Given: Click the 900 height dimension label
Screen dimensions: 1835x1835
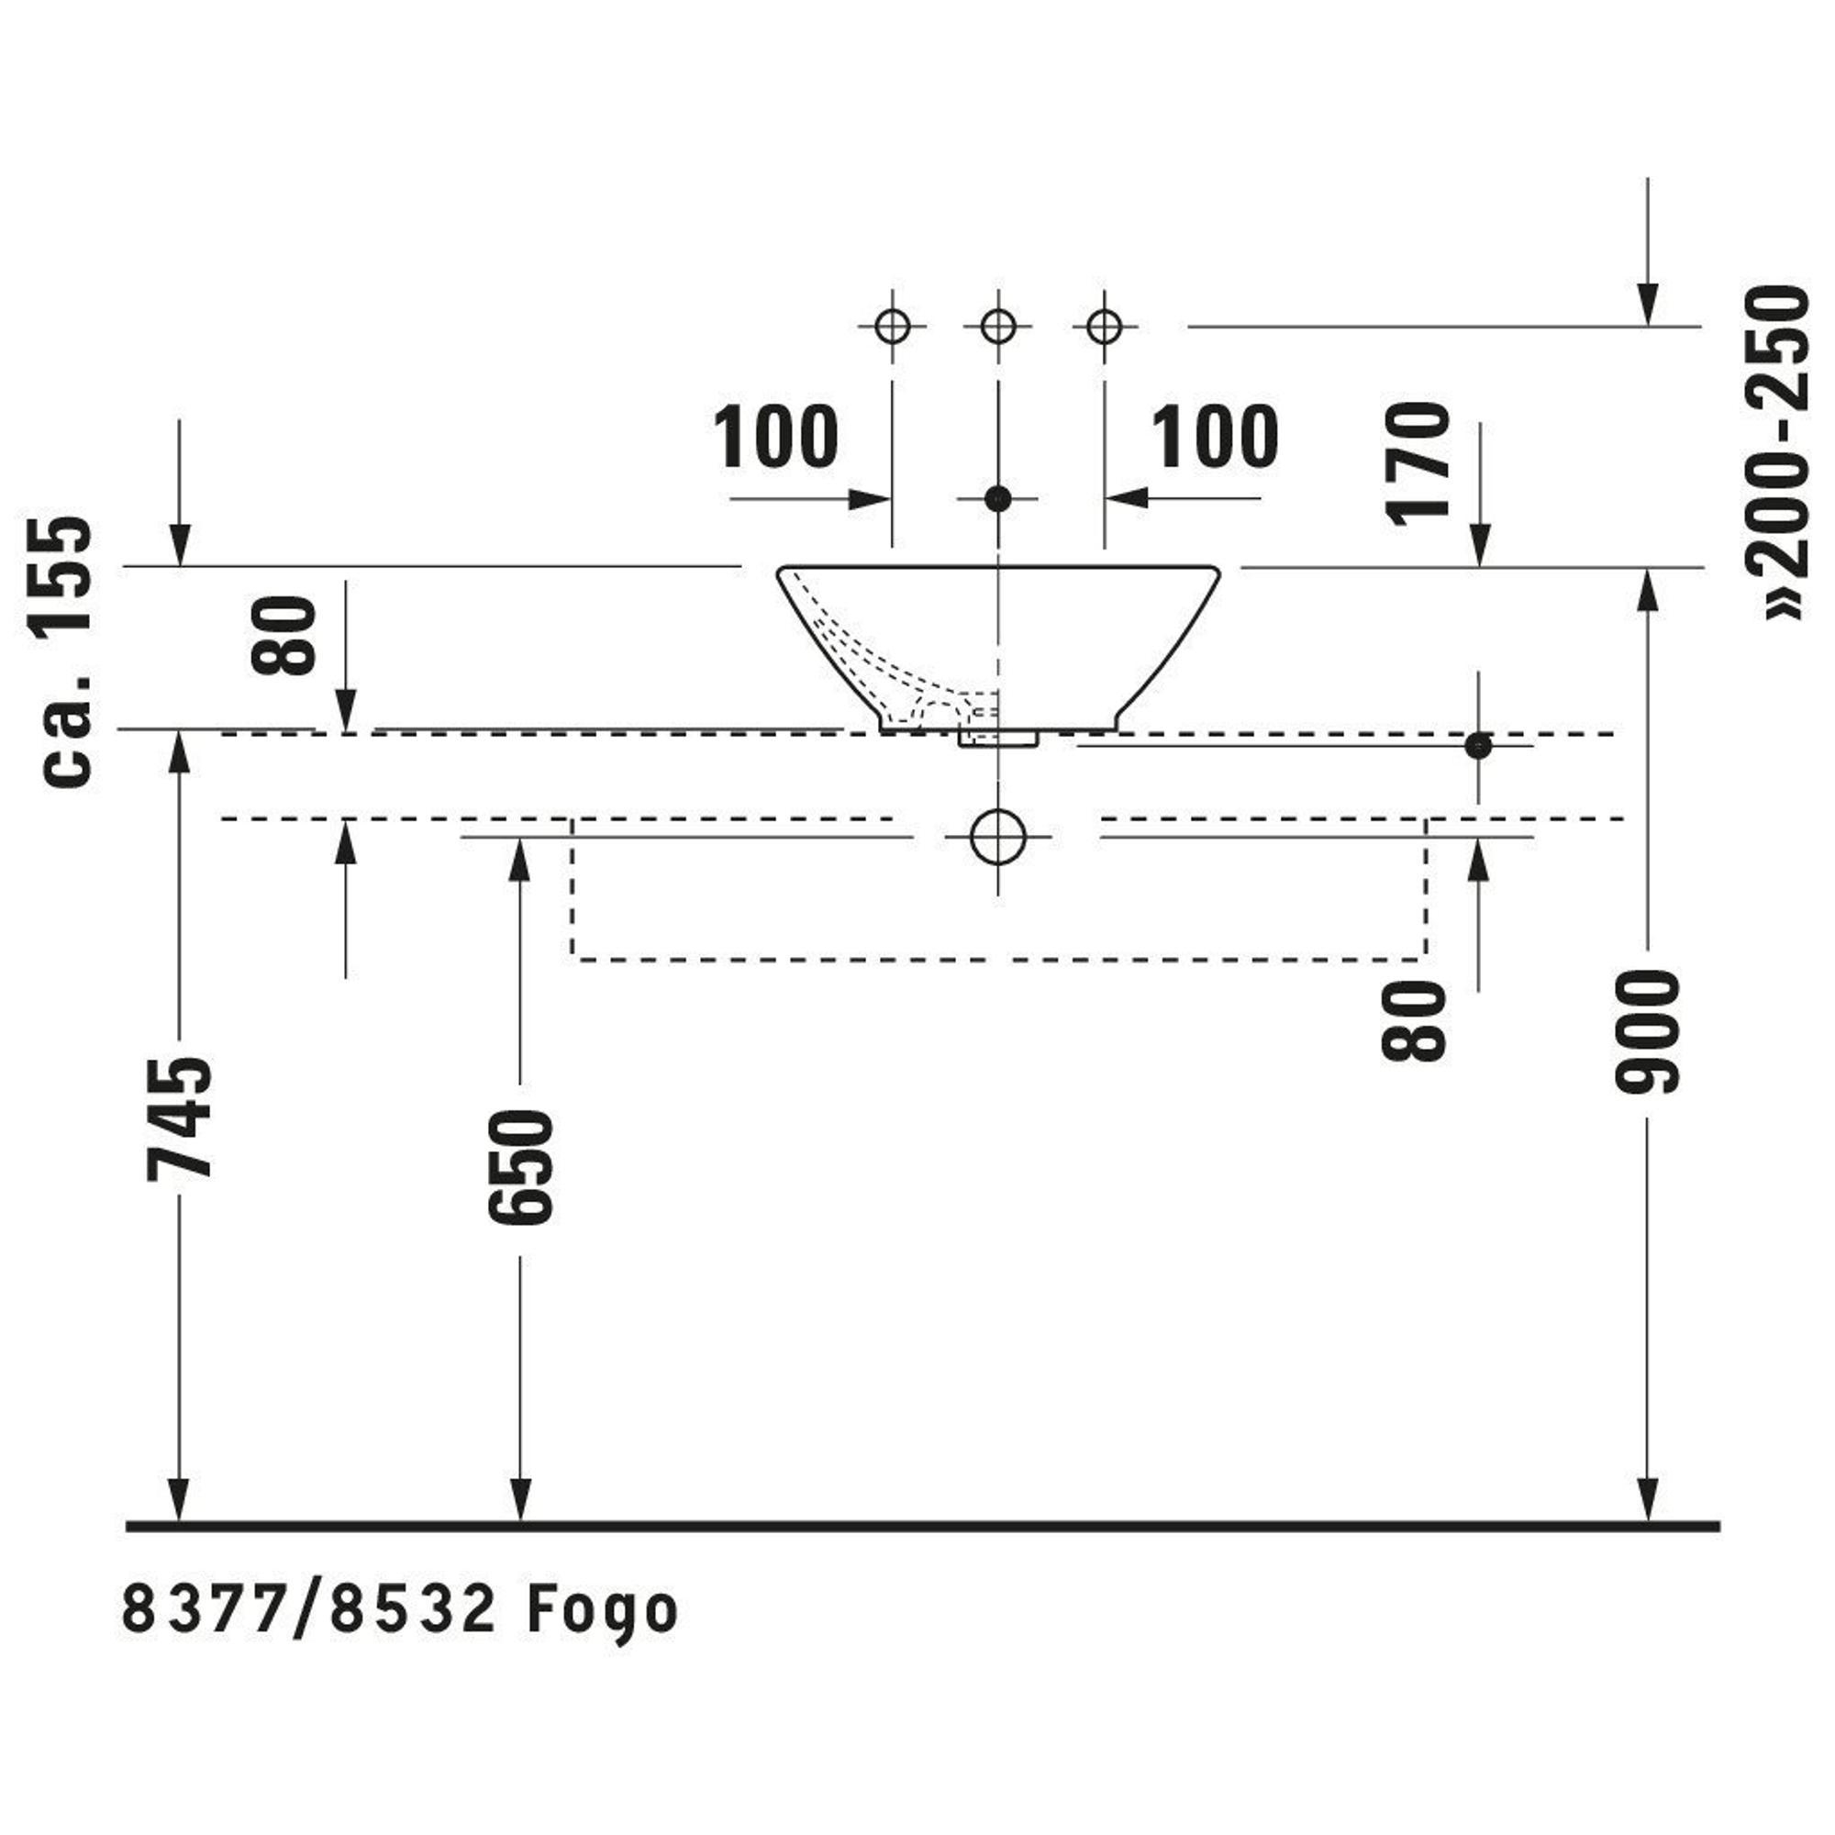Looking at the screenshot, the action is [x=1646, y=1030].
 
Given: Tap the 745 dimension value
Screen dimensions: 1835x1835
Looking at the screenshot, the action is [x=179, y=1118].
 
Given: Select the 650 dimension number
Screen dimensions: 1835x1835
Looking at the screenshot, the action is [x=518, y=1167].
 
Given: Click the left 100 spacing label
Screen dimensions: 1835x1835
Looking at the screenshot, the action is [x=775, y=437].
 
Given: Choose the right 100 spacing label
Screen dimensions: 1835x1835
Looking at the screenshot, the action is [x=1215, y=437].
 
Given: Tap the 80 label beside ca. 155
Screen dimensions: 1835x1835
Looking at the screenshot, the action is [x=282, y=635].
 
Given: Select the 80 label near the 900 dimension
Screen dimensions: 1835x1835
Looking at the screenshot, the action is [x=1414, y=1021].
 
